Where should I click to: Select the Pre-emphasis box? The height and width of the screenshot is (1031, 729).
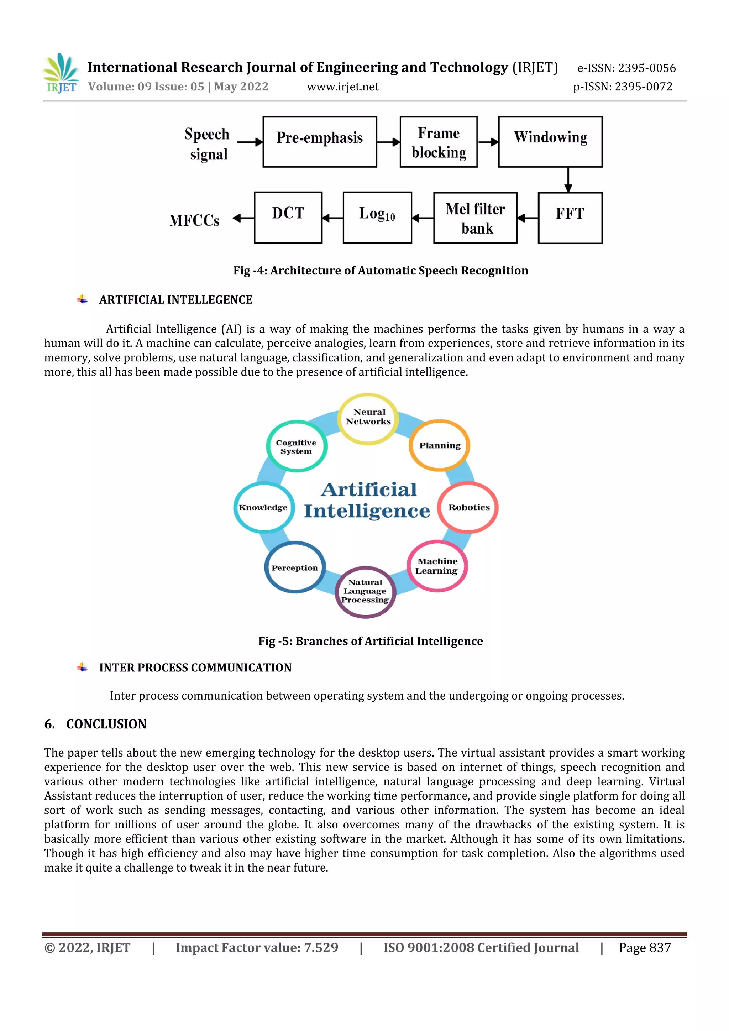320,142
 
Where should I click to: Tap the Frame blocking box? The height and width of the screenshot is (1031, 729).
439,142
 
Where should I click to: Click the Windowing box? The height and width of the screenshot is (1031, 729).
550,142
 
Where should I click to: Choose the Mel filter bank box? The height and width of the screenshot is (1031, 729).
475,218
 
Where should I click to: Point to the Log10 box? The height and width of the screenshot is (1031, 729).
377,218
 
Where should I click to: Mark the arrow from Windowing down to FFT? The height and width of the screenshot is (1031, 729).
568,180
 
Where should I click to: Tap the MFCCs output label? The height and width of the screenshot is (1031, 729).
194,220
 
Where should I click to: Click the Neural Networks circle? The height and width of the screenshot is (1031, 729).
368,419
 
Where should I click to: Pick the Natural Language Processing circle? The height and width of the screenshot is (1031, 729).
366,592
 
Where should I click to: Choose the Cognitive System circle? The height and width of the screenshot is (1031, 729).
296,446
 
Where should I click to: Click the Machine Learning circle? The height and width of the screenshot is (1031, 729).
437,566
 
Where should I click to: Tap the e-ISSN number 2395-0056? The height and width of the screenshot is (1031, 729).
646,68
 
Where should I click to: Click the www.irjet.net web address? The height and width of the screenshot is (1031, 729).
343,87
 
